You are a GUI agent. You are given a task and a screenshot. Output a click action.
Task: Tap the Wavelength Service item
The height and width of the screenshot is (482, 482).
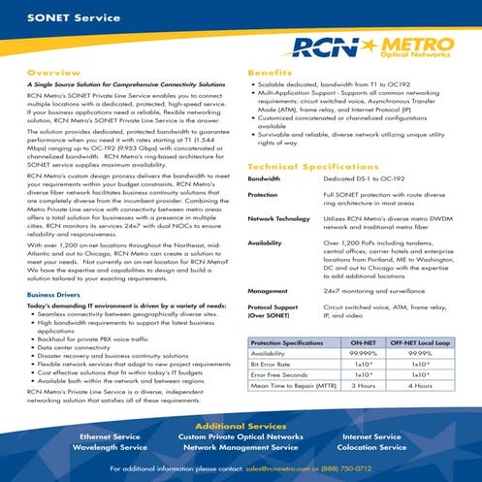coord(112,447)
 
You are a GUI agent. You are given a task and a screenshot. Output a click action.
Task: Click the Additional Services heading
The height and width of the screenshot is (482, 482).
coord(240,426)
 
